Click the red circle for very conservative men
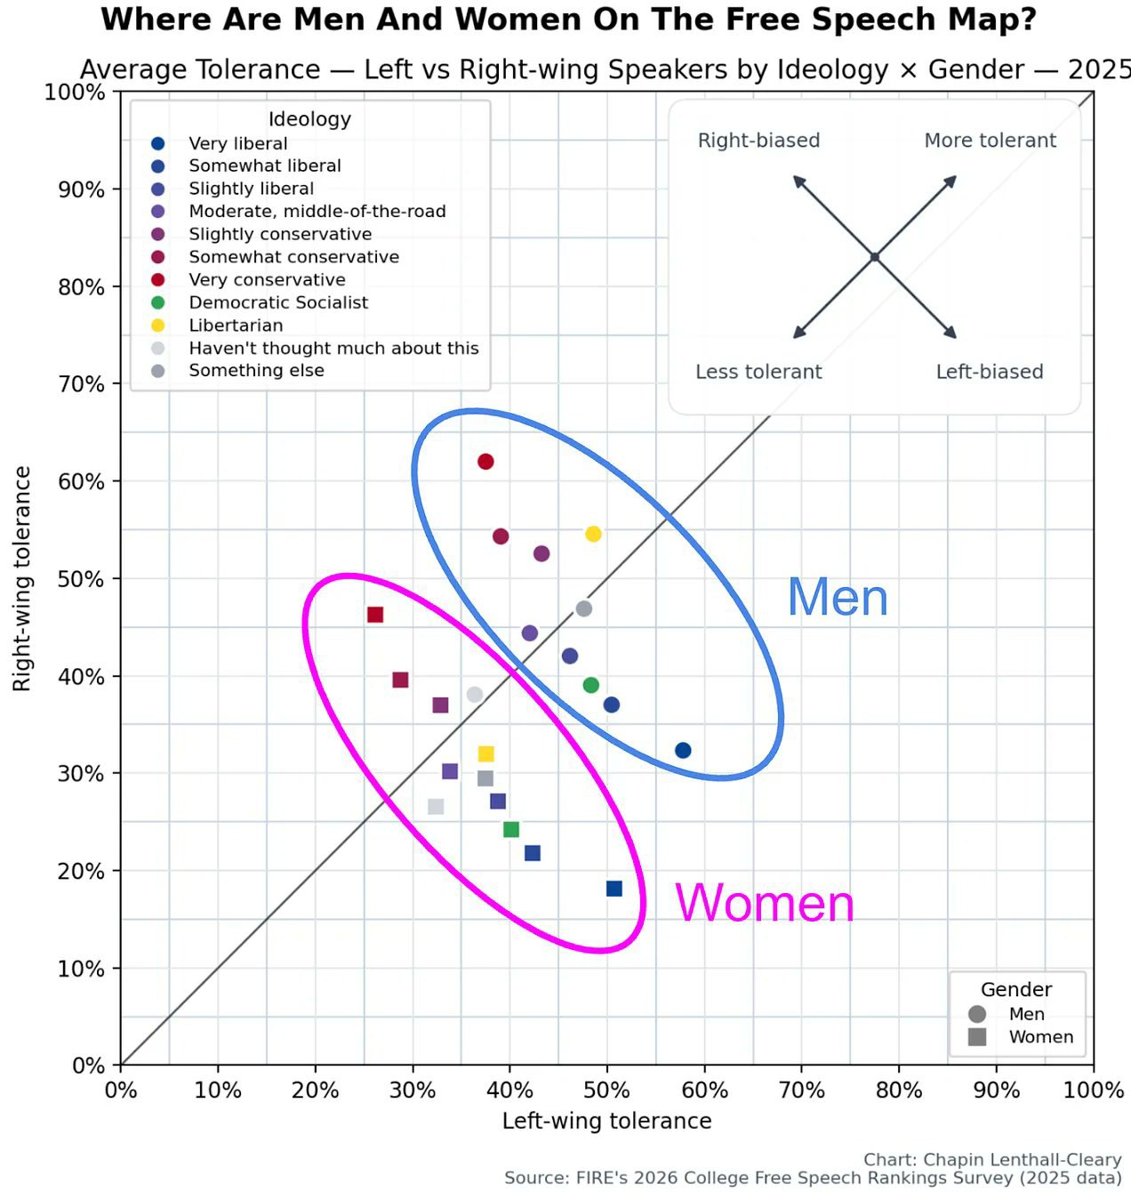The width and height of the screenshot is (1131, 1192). (x=485, y=462)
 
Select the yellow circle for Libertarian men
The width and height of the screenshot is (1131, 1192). (x=593, y=534)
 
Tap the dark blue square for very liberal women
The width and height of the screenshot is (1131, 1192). (x=614, y=889)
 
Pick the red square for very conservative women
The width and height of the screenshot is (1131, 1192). (x=375, y=615)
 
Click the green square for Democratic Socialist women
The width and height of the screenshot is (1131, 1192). (x=511, y=829)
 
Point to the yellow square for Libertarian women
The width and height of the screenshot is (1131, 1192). (x=486, y=753)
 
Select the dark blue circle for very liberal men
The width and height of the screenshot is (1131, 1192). (x=683, y=750)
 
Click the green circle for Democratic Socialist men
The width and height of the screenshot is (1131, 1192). (x=591, y=685)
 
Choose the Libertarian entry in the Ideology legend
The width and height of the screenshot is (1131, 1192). (x=217, y=326)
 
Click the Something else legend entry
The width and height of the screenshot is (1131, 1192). (x=237, y=370)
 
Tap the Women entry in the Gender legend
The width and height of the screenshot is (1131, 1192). (x=1021, y=1037)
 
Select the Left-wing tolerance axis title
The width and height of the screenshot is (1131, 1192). (x=606, y=1121)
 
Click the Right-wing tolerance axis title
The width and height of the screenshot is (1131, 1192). (x=22, y=579)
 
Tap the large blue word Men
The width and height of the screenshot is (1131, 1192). (x=838, y=597)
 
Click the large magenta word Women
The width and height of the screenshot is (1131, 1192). (x=765, y=903)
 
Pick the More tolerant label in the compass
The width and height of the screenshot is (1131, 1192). (x=990, y=141)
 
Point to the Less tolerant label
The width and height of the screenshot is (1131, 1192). (x=758, y=372)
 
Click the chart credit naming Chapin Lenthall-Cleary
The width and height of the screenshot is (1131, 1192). (x=992, y=1159)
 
